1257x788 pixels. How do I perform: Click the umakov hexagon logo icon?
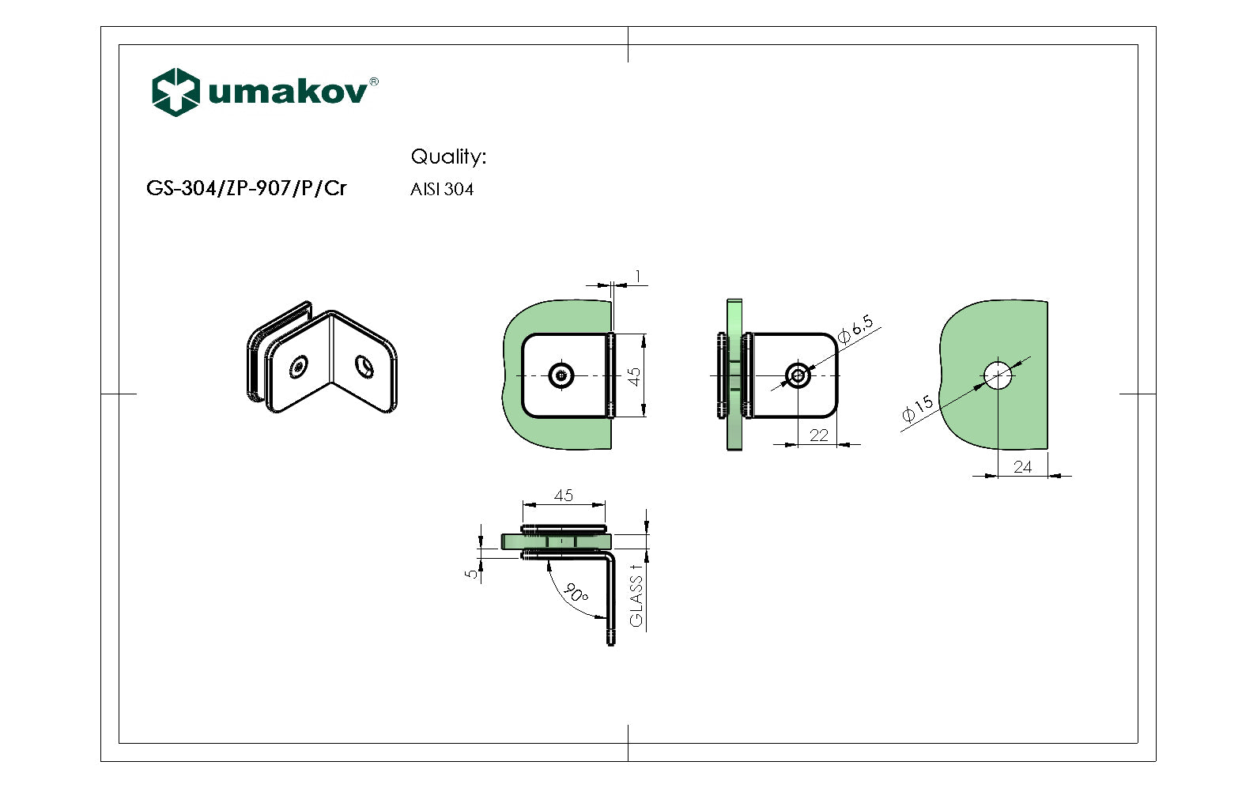pyautogui.click(x=175, y=92)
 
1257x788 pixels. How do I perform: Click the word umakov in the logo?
pyautogui.click(x=288, y=92)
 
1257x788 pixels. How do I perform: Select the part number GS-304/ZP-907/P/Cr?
pyautogui.click(x=247, y=188)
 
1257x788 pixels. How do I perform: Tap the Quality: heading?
pyautogui.click(x=448, y=156)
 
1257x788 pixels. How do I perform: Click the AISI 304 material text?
pyautogui.click(x=442, y=190)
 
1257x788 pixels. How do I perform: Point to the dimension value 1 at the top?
pyautogui.click(x=638, y=277)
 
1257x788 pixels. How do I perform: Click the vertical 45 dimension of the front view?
pyautogui.click(x=634, y=376)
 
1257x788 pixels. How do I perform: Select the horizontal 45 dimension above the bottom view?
pyautogui.click(x=564, y=496)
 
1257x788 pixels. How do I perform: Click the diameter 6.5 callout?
pyautogui.click(x=855, y=329)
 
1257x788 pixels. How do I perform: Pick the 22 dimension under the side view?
pyautogui.click(x=819, y=435)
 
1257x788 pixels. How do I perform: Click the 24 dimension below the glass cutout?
pyautogui.click(x=1022, y=467)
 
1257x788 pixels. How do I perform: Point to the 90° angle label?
pyautogui.click(x=576, y=594)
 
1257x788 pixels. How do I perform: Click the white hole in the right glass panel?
pyautogui.click(x=998, y=375)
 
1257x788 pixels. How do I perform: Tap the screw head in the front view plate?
pyautogui.click(x=562, y=375)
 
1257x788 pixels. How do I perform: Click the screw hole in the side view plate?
pyautogui.click(x=798, y=375)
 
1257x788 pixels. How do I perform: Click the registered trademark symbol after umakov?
pyautogui.click(x=374, y=81)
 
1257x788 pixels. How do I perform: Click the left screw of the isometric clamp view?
pyautogui.click(x=299, y=367)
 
